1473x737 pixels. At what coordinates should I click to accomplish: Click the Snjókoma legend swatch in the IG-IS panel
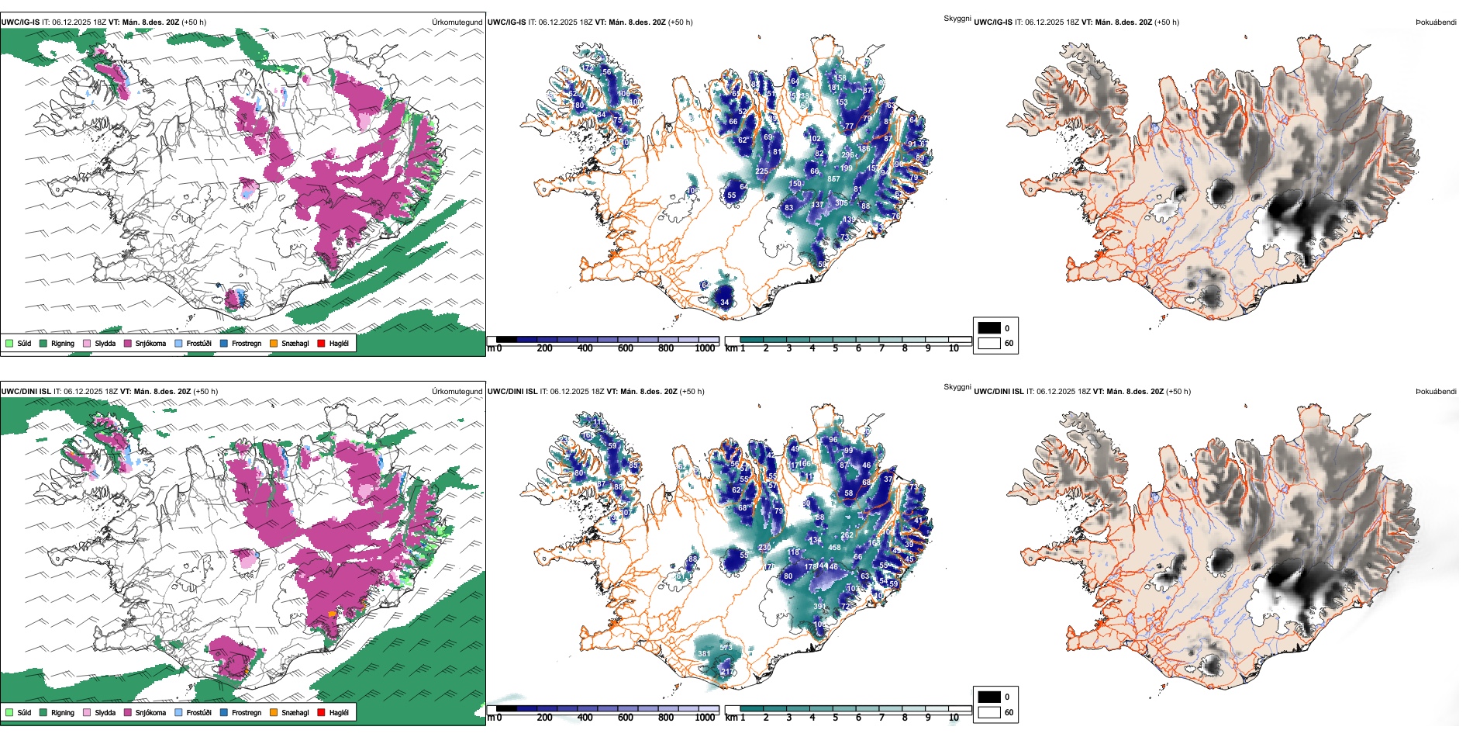(128, 343)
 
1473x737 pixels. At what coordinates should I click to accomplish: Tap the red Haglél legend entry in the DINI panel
(322, 712)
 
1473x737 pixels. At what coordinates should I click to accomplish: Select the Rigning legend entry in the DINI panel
(43, 712)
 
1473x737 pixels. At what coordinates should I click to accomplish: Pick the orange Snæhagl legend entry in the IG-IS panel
(274, 343)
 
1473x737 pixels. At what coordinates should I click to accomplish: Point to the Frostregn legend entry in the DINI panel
(224, 712)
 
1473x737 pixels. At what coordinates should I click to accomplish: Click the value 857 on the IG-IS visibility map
(833, 179)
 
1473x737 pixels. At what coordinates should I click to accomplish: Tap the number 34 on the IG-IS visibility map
(724, 303)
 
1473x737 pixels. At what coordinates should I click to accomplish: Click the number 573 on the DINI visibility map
(726, 648)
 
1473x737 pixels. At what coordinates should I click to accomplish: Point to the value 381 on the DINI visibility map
(704, 654)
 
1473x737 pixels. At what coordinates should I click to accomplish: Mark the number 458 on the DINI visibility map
(834, 548)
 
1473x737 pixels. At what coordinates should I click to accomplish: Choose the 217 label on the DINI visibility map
(727, 672)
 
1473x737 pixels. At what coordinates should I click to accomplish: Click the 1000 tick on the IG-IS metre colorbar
(705, 348)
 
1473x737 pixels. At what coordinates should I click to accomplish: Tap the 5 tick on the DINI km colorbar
(835, 718)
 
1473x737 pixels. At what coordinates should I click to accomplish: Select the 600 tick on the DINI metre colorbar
(625, 718)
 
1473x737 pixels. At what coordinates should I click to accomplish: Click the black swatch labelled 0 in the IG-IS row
(989, 328)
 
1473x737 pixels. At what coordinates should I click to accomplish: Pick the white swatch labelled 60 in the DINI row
(989, 712)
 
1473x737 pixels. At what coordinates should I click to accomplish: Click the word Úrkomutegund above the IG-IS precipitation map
(457, 22)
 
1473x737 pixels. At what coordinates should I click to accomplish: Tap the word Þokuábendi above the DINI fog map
(1436, 391)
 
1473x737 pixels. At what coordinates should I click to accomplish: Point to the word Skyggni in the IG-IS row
(957, 18)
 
